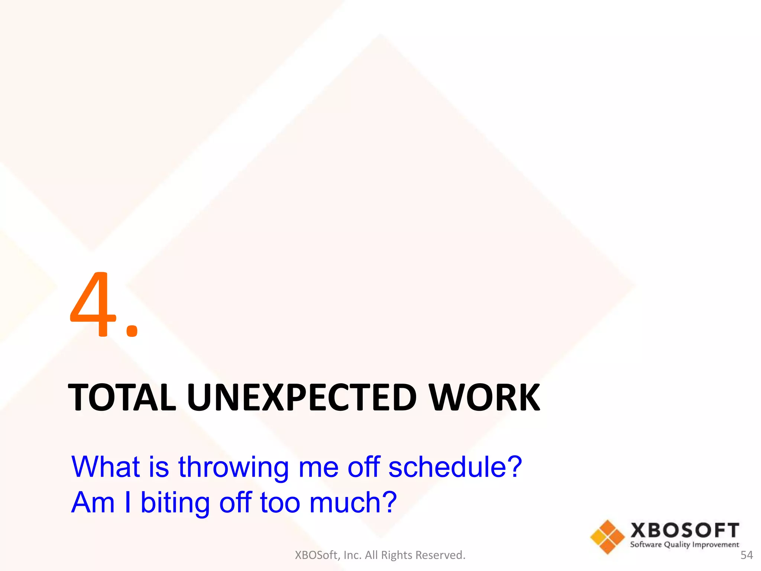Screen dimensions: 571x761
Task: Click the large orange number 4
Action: pyautogui.click(x=93, y=305)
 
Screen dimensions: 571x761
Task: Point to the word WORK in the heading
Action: pyautogui.click(x=484, y=398)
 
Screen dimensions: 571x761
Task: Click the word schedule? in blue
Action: pyautogui.click(x=455, y=467)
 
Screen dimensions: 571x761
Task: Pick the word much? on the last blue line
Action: pyautogui.click(x=353, y=503)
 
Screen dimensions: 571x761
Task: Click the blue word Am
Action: pyautogui.click(x=93, y=503)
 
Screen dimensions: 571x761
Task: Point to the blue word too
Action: pyautogui.click(x=280, y=503)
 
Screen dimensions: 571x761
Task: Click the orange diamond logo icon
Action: pyautogui.click(x=608, y=537)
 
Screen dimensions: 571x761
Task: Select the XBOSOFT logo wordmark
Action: pyautogui.click(x=684, y=530)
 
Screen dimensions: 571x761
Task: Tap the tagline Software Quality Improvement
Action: pyautogui.click(x=684, y=545)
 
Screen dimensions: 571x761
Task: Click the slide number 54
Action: pyautogui.click(x=747, y=555)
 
